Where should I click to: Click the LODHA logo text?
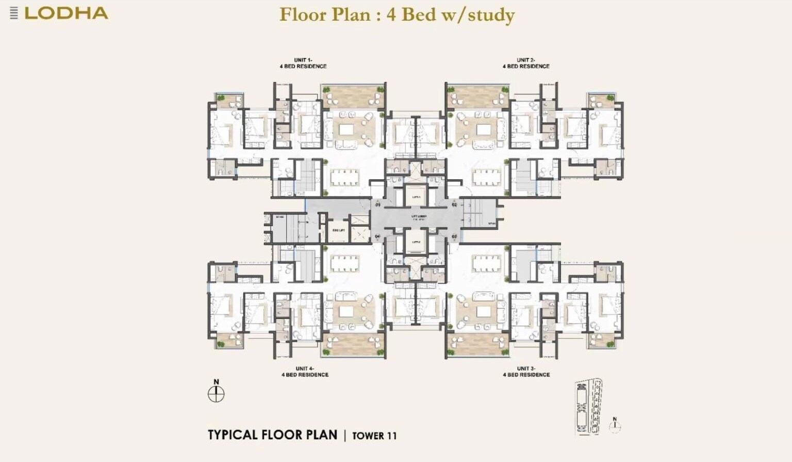point(66,13)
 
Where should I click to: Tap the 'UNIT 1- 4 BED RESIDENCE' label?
point(303,63)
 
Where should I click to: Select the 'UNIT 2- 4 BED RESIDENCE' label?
point(526,63)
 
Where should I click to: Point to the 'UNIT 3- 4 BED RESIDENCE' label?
point(526,372)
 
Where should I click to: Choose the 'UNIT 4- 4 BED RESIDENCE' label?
point(305,372)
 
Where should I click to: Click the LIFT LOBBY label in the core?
point(418,217)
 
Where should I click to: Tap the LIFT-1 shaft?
point(416,197)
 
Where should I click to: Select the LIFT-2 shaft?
point(416,242)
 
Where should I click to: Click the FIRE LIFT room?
point(339,230)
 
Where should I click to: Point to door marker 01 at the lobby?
point(377,205)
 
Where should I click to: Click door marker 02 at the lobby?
point(454,205)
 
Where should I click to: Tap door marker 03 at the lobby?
point(454,236)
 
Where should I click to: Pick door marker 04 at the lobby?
point(377,236)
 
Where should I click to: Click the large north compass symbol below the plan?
point(216,394)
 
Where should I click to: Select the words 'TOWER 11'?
point(374,436)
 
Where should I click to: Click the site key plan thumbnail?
point(589,407)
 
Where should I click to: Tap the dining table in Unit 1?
point(344,177)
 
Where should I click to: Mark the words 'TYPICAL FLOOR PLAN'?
point(272,435)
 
